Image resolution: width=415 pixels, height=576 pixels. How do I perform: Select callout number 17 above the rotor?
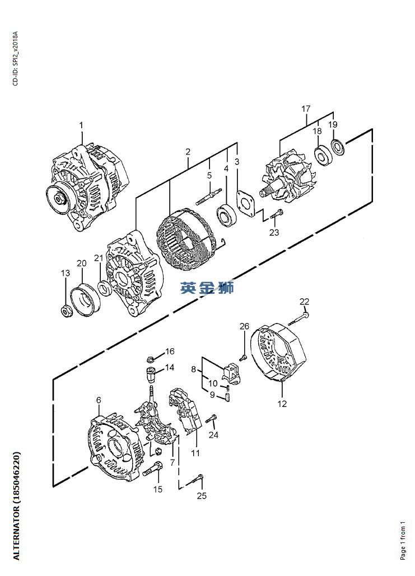(x=306, y=108)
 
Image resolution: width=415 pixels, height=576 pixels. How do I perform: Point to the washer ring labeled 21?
(x=104, y=288)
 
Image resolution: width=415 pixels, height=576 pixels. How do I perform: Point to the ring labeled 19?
(x=338, y=148)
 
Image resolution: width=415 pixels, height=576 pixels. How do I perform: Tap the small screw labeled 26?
(x=243, y=355)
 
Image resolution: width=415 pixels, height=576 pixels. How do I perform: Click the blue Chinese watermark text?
(x=207, y=288)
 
